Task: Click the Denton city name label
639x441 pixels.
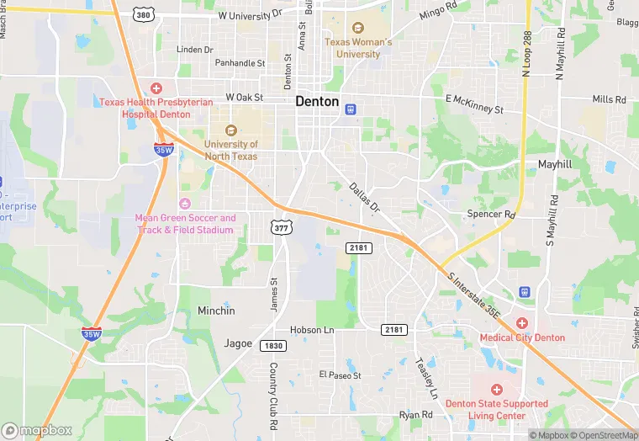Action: (317, 102)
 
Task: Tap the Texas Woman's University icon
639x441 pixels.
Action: (358, 29)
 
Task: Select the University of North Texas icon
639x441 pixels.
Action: (230, 130)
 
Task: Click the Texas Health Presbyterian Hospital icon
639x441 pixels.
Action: (156, 88)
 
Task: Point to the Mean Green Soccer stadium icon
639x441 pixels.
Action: (185, 204)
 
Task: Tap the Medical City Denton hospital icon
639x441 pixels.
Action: (521, 323)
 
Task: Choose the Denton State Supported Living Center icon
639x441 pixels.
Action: (496, 390)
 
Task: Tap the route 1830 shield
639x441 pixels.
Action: (272, 346)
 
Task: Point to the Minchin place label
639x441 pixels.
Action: (216, 311)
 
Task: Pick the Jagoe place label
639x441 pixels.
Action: (238, 343)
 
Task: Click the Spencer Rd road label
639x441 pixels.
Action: (490, 215)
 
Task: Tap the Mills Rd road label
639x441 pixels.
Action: (609, 99)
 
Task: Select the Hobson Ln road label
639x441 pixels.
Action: (312, 330)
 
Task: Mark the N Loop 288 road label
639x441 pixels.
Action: (527, 56)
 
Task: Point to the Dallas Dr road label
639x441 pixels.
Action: (365, 198)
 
